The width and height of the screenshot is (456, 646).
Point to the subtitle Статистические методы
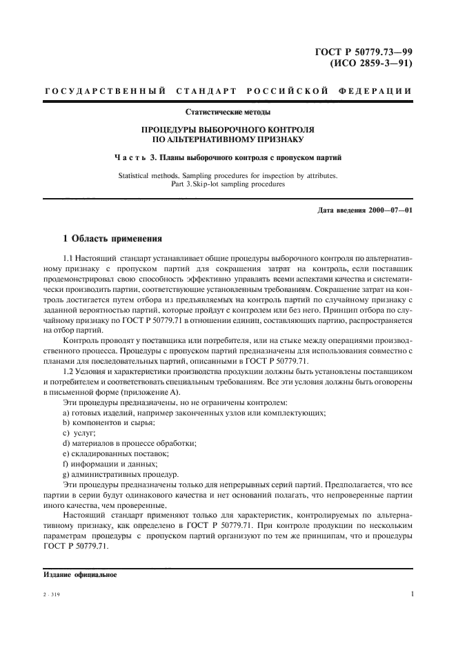pyautogui.click(x=228, y=111)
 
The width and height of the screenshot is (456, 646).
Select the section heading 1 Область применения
pyautogui.click(x=112, y=239)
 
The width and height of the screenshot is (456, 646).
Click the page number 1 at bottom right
pyautogui.click(x=411, y=593)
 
